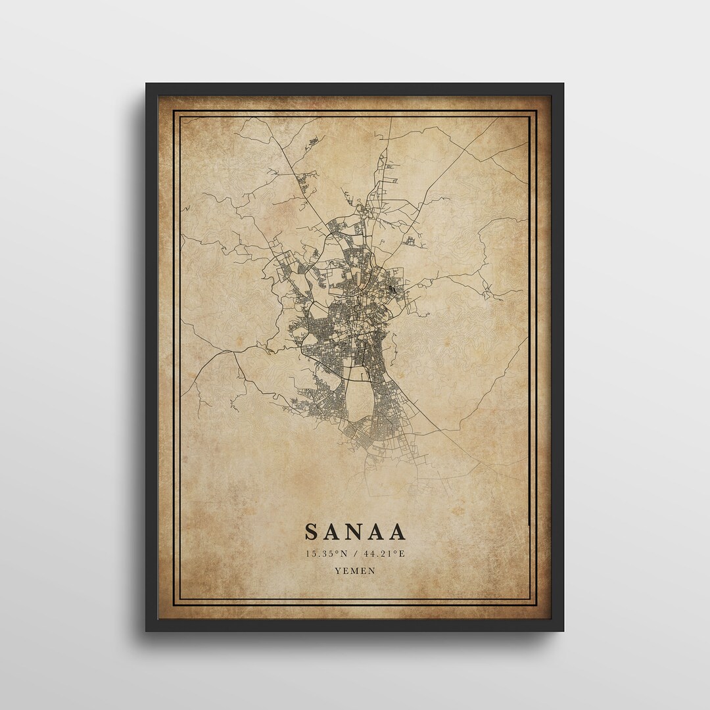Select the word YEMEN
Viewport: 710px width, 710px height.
click(x=355, y=571)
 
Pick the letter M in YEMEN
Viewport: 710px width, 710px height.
click(x=355, y=571)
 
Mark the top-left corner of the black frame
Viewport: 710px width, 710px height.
click(x=147, y=84)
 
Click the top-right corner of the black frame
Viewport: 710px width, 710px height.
click(x=563, y=84)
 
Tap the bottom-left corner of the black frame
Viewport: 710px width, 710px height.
click(x=147, y=630)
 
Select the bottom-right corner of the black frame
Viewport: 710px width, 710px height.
click(x=563, y=630)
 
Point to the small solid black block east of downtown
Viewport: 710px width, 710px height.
click(x=392, y=287)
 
